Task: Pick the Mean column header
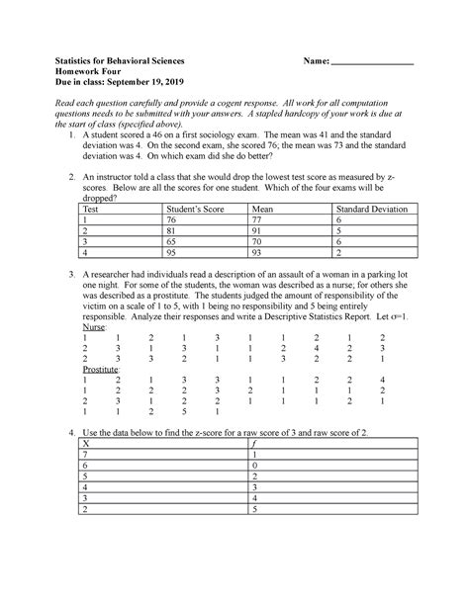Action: click(263, 209)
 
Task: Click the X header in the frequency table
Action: click(87, 444)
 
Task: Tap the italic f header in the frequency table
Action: click(254, 444)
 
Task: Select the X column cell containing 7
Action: click(86, 456)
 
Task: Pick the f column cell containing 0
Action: click(254, 467)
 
